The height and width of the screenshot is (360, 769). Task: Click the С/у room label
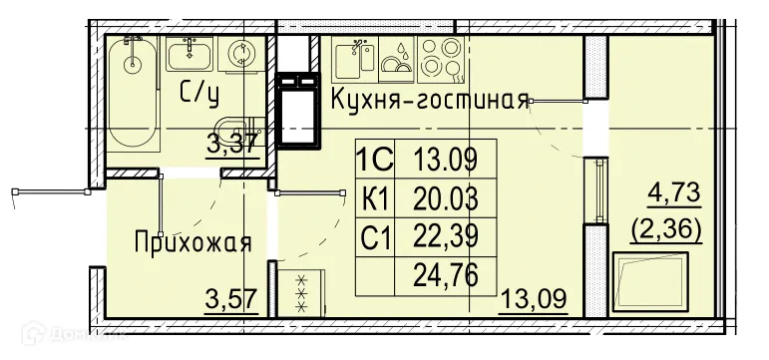click(x=198, y=93)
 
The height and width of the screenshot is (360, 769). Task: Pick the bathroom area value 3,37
click(x=232, y=144)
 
